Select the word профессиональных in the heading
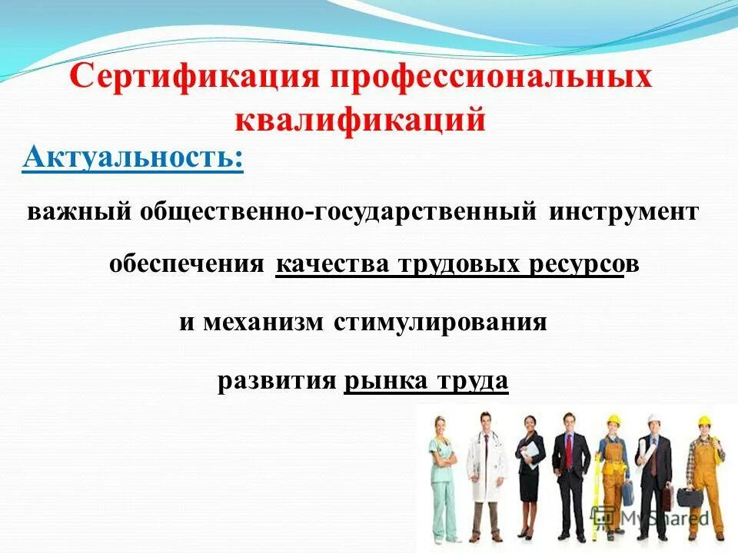(x=491, y=79)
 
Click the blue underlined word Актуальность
(x=133, y=158)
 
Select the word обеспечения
(x=186, y=265)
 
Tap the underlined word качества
(x=332, y=265)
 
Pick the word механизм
(x=264, y=322)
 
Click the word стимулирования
(x=440, y=322)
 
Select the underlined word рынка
(x=387, y=381)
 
